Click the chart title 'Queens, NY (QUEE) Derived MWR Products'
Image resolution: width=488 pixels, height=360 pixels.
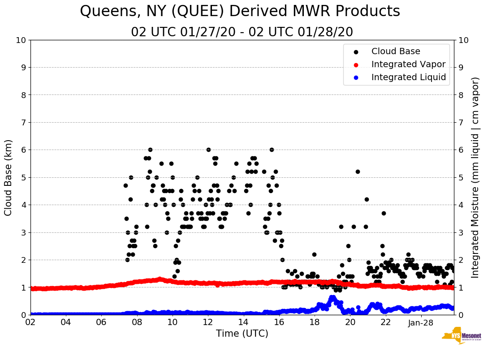click(240, 12)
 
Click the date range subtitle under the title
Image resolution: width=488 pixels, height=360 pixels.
click(242, 32)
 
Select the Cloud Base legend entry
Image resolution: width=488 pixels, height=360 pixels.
click(396, 51)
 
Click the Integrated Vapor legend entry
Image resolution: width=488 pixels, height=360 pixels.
click(408, 64)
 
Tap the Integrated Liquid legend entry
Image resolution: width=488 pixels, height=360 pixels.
click(408, 77)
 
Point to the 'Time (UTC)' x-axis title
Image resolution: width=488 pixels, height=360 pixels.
click(242, 334)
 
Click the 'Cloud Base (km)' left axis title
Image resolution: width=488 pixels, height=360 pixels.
click(9, 177)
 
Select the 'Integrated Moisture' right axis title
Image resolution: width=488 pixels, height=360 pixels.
click(475, 177)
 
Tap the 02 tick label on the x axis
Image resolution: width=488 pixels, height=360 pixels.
click(30, 322)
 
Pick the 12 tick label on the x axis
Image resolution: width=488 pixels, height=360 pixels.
click(208, 322)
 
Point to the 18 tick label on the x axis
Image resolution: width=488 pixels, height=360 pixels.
click(315, 322)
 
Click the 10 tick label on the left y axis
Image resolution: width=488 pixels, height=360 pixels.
click(21, 40)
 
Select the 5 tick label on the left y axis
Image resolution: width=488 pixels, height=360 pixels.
click(23, 177)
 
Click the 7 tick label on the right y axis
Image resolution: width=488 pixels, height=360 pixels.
click(460, 122)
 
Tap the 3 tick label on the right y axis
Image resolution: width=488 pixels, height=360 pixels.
click(460, 232)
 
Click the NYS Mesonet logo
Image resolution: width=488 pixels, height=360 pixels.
click(461, 337)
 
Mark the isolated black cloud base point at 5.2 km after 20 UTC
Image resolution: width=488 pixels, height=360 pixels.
click(358, 171)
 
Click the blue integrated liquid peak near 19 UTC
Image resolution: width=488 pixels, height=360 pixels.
click(332, 297)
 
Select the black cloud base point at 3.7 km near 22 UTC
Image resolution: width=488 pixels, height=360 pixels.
click(384, 213)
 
